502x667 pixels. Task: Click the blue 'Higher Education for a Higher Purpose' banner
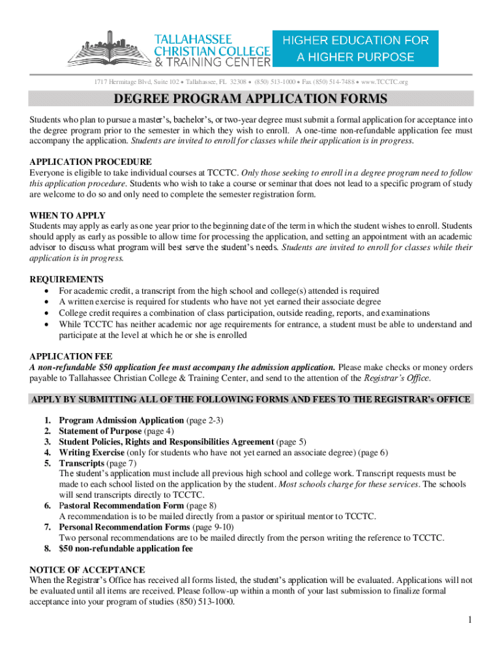[355, 48]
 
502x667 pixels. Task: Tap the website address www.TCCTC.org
[384, 82]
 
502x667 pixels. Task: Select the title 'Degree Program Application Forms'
[251, 99]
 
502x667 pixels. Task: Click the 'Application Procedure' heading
[91, 162]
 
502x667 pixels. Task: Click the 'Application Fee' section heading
[71, 357]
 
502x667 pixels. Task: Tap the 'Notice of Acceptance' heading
[87, 569]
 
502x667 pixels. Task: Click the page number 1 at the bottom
[469, 619]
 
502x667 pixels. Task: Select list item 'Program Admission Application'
[121, 421]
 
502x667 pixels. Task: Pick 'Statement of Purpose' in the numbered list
[100, 431]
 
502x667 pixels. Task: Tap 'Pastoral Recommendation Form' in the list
[121, 505]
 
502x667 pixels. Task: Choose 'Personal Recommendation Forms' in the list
[124, 527]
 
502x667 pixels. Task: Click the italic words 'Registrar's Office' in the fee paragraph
[396, 378]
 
